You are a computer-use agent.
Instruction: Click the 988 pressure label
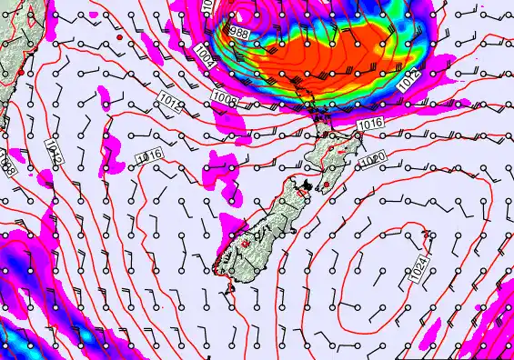[x=239, y=33]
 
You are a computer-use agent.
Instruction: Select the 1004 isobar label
[x=204, y=57]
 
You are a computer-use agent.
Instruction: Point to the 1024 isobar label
[x=418, y=267]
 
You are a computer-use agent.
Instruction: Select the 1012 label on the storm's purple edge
[x=408, y=78]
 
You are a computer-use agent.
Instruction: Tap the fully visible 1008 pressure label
[x=227, y=96]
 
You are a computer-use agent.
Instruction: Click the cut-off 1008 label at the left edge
[x=7, y=164]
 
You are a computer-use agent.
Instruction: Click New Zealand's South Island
[x=259, y=232]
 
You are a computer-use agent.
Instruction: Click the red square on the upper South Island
[x=302, y=193]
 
